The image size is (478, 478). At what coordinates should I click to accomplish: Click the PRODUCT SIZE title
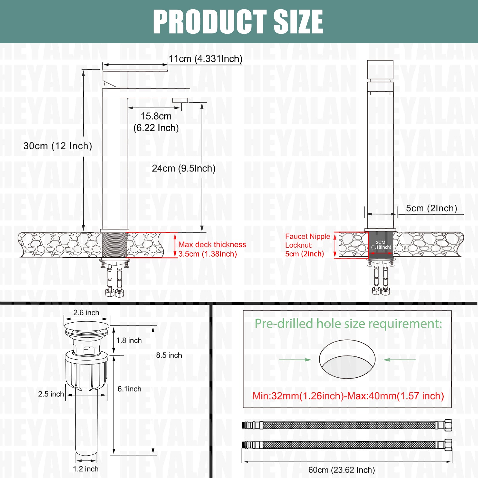(x=238, y=22)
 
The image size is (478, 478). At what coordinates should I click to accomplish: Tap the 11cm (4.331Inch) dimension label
(x=206, y=59)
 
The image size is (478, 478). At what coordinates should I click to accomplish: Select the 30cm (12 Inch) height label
(x=58, y=146)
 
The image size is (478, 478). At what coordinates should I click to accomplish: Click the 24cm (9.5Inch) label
(x=184, y=168)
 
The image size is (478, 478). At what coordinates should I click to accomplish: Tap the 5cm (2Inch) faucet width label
(x=431, y=208)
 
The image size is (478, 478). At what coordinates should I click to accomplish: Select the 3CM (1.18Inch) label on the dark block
(x=381, y=245)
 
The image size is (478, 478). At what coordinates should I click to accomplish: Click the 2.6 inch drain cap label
(x=86, y=313)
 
